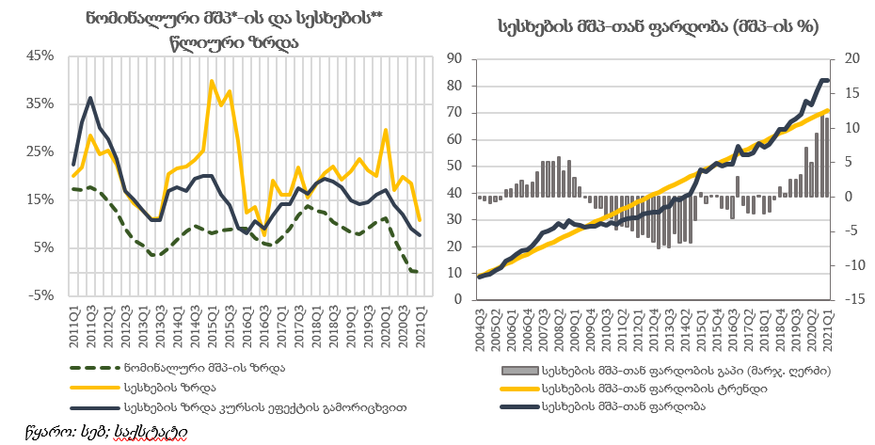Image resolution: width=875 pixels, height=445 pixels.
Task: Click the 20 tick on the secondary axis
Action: [x=852, y=58]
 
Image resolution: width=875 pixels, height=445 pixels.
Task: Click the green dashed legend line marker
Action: [x=92, y=368]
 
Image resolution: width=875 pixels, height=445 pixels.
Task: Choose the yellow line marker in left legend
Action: [x=92, y=388]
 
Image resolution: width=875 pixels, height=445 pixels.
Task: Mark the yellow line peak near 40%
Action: [x=212, y=81]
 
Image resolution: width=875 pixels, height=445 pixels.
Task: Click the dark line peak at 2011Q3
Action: [x=90, y=98]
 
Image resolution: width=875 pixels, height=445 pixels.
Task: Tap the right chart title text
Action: [x=658, y=27]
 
